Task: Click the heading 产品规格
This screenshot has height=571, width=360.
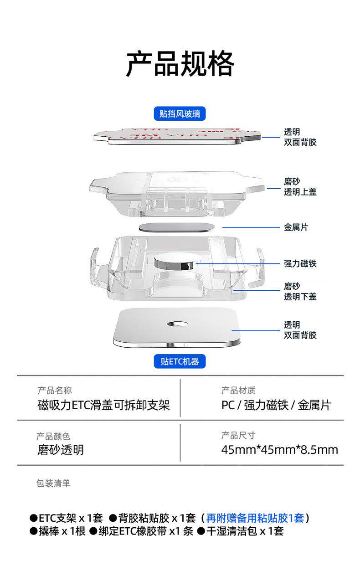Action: (180, 64)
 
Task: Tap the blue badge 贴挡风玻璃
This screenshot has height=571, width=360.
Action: (180, 113)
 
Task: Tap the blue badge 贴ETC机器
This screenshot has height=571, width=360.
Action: (180, 362)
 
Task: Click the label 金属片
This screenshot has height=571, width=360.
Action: (296, 227)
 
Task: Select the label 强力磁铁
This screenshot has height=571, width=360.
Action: (300, 263)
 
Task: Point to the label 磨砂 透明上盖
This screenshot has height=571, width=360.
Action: (300, 187)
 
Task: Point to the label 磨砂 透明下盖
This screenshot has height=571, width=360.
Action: (300, 292)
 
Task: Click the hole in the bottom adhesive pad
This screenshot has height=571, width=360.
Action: (177, 324)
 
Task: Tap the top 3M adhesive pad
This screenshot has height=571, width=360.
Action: (178, 135)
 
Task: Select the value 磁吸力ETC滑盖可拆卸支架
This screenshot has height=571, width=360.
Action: (103, 405)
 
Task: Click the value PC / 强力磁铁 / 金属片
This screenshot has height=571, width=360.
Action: (276, 405)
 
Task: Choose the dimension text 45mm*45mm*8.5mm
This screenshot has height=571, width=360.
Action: (279, 450)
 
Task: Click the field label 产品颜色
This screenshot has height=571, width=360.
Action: (54, 437)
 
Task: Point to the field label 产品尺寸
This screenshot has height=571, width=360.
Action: (238, 435)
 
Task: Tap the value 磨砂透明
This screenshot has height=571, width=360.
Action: (61, 450)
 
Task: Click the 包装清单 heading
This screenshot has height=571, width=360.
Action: (53, 483)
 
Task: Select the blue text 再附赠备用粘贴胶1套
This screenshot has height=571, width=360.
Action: (255, 518)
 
